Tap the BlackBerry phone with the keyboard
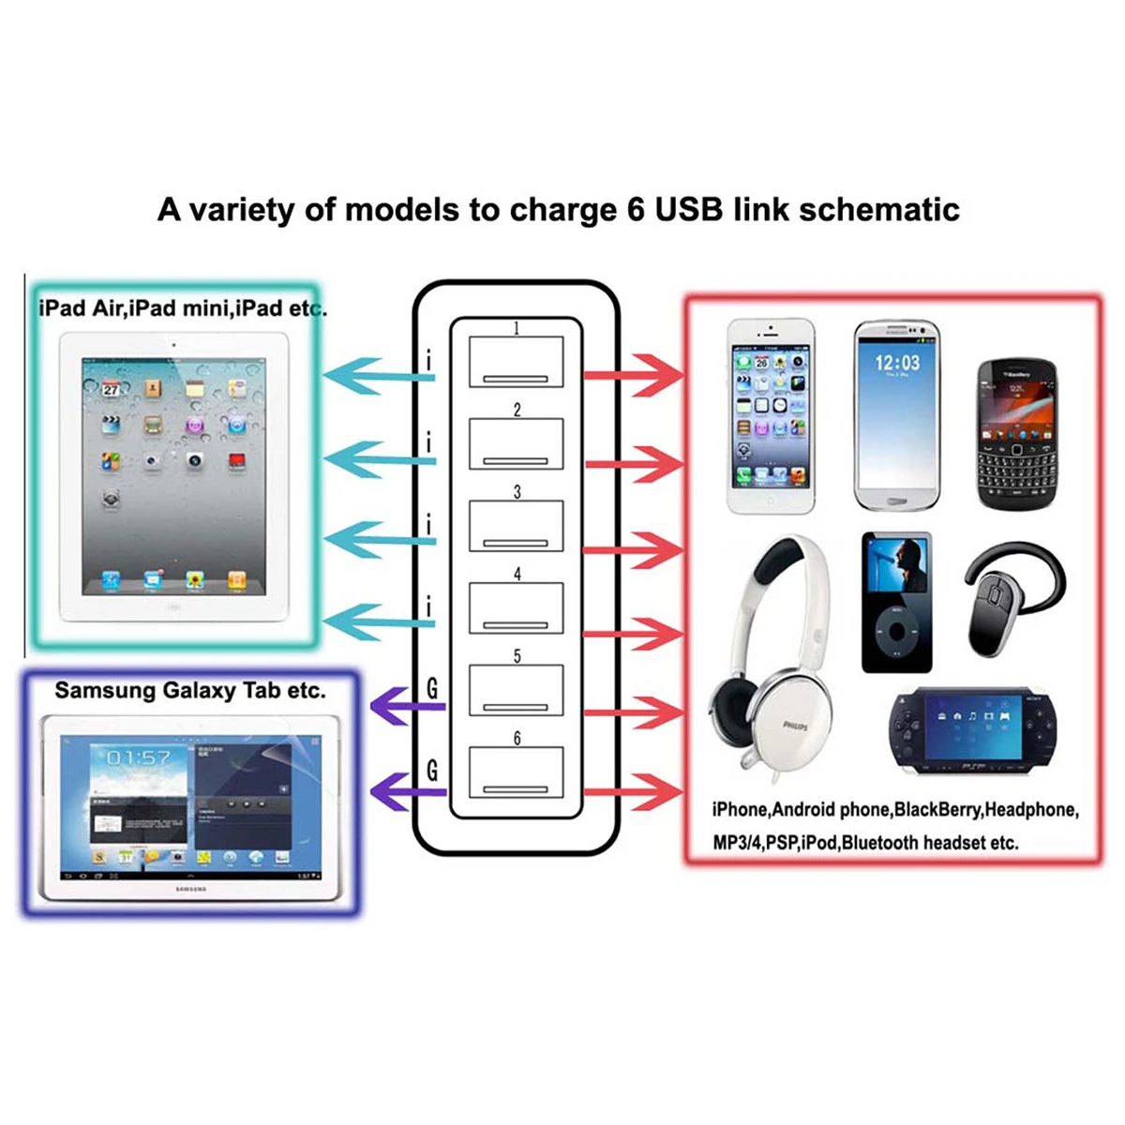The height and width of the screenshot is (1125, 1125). coord(1016,434)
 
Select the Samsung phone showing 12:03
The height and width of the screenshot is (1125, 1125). coord(896,415)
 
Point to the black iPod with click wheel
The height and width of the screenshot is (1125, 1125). coord(897,603)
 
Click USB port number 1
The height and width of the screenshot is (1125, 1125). coord(517,361)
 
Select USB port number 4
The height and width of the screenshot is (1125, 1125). coord(517,607)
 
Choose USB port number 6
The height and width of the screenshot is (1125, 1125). coord(517,772)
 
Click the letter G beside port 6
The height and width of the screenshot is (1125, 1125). coord(432,771)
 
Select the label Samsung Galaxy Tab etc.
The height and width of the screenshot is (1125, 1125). coord(190,691)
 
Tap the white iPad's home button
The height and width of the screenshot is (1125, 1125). coord(173,607)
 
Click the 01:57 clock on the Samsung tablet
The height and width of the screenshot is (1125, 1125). coord(139,757)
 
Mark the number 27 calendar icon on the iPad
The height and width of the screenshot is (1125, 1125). coord(111,387)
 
